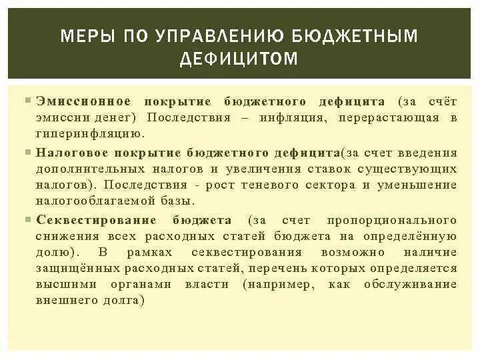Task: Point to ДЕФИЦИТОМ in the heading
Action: pyautogui.click(x=239, y=60)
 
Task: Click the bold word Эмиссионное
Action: pyautogui.click(x=83, y=101)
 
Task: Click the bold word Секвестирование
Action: pyautogui.click(x=97, y=220)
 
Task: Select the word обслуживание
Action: pyautogui.click(x=411, y=284)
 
